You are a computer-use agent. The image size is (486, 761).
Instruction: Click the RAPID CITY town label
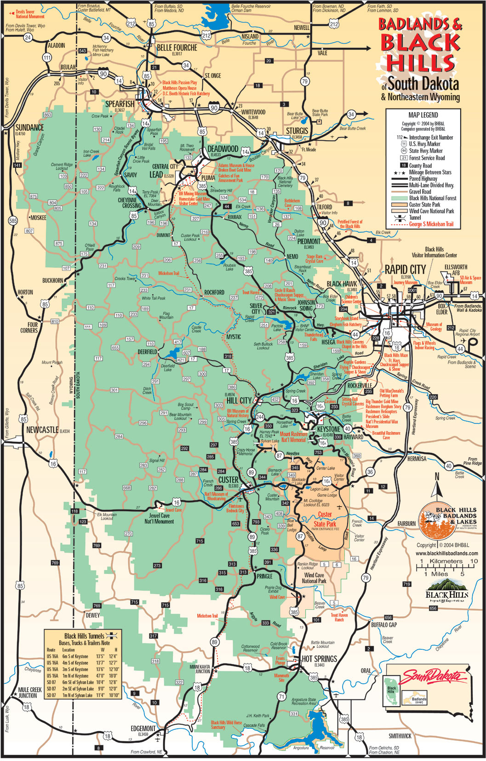[x=405, y=269]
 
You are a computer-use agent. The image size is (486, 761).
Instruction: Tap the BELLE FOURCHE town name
[x=177, y=47]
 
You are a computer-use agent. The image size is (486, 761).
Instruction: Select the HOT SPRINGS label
[x=319, y=659]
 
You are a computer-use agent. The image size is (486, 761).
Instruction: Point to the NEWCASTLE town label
[x=42, y=430]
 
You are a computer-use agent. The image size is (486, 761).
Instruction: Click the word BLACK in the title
[x=420, y=43]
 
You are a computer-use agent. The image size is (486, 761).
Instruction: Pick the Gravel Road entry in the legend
[x=420, y=191]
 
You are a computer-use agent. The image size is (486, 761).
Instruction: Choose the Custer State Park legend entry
[x=424, y=205]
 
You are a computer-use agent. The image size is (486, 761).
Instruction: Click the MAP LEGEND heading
[x=423, y=115]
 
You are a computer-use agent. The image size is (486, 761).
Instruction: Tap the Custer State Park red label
[x=325, y=519]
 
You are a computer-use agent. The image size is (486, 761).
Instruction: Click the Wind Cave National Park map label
[x=314, y=578]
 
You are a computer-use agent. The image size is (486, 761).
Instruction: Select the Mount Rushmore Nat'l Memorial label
[x=293, y=437]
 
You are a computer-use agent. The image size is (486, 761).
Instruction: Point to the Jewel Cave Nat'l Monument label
[x=159, y=519]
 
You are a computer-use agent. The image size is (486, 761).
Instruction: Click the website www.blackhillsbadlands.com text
[x=447, y=553]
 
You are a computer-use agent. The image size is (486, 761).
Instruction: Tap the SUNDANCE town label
[x=29, y=127]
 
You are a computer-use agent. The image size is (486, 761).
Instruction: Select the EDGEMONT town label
[x=143, y=728]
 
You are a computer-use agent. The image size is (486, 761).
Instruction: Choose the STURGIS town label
[x=297, y=131]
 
